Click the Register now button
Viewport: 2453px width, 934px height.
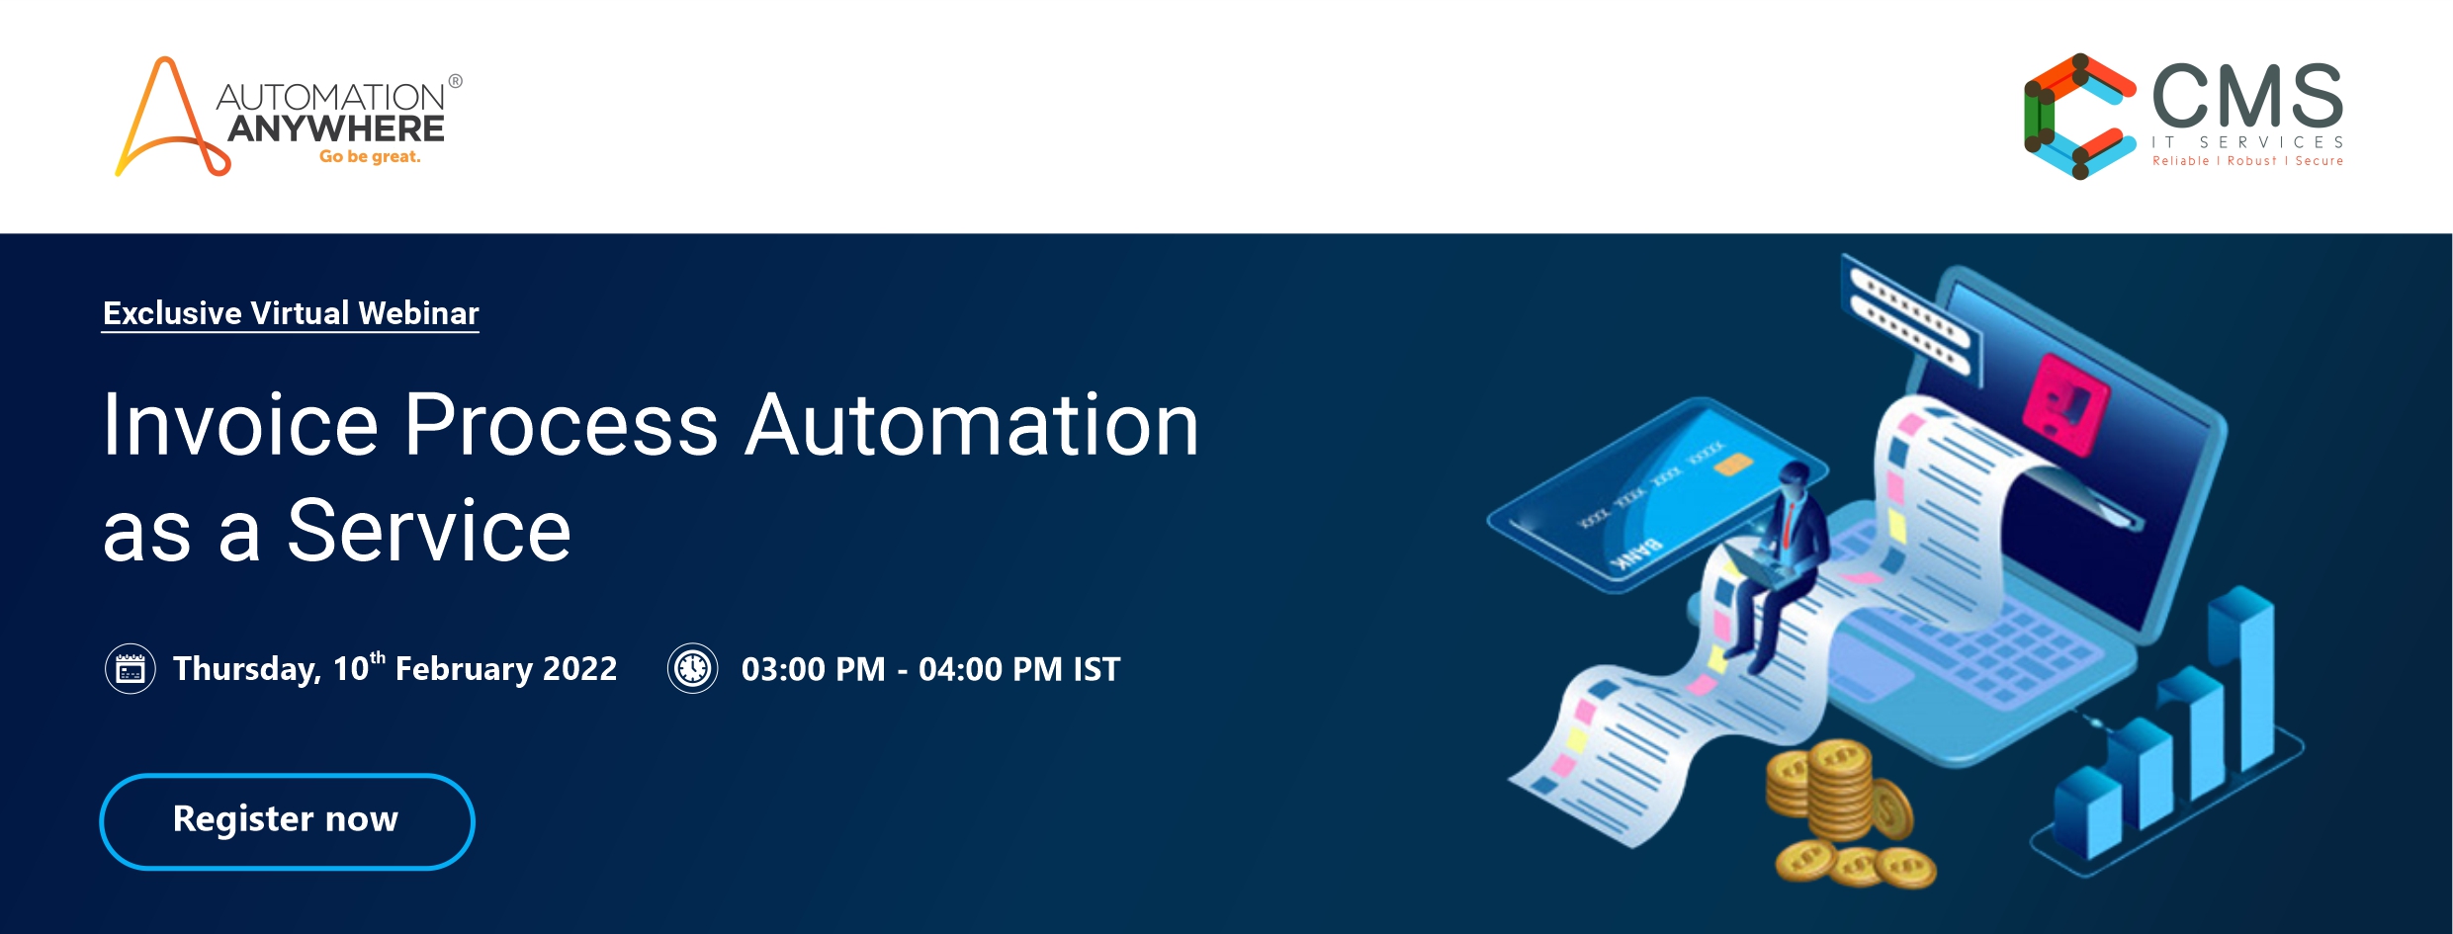[287, 821]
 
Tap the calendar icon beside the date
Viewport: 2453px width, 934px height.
[131, 669]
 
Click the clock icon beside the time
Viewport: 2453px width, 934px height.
[693, 669]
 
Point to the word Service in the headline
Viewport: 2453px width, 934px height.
[429, 532]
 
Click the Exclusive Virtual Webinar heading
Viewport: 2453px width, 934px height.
[291, 313]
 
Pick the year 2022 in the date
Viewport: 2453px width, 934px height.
[580, 669]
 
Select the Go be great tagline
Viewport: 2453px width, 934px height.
[370, 157]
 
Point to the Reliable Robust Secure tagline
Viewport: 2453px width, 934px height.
[2247, 161]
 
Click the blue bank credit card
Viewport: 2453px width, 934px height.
[1651, 494]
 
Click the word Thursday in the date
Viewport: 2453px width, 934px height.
[247, 670]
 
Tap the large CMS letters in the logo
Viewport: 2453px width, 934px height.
[2247, 96]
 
